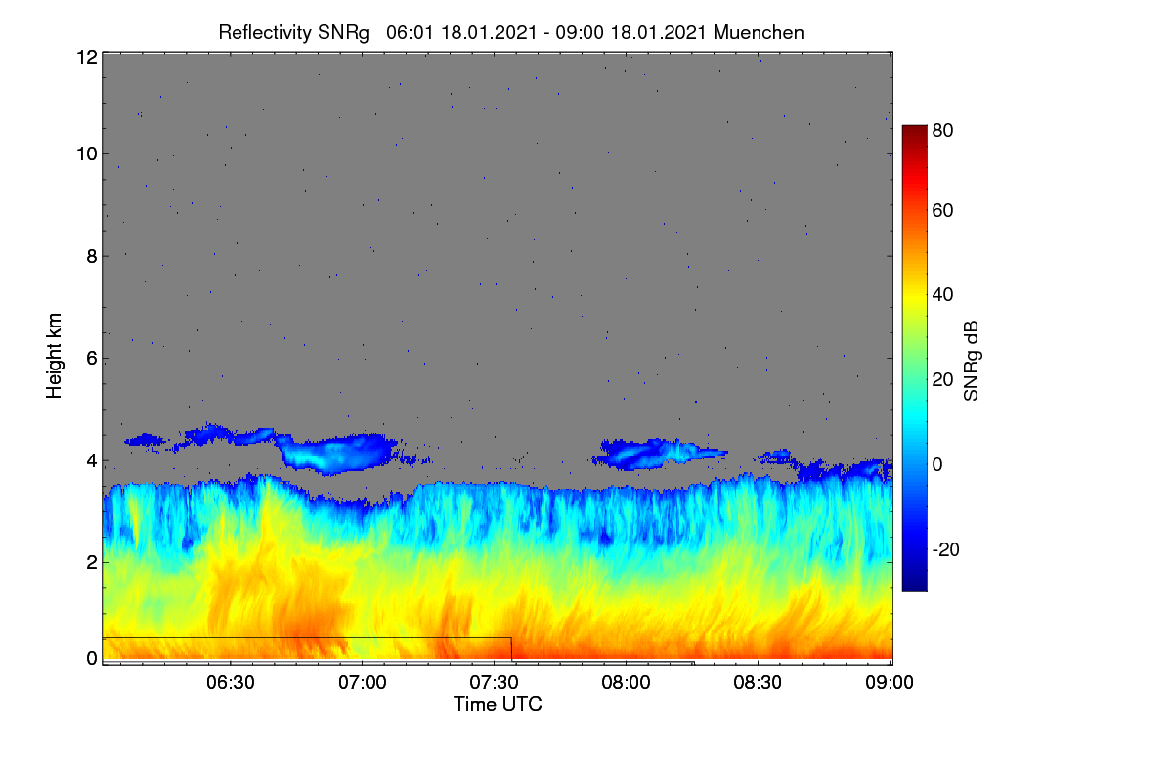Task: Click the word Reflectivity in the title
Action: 265,33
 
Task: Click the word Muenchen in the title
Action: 759,33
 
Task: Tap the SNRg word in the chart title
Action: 343,33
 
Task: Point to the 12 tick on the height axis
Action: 87,57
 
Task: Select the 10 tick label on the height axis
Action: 87,154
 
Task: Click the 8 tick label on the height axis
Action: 92,256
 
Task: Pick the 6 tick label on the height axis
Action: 92,359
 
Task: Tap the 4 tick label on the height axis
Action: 92,461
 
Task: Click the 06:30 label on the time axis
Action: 231,682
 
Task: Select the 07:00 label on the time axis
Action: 363,682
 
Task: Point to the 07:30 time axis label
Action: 494,682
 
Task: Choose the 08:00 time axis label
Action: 626,682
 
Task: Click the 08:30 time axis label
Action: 758,682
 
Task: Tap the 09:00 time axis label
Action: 890,682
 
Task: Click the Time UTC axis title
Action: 498,704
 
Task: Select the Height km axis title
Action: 54,356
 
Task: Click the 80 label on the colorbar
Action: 942,130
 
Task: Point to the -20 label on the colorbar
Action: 946,549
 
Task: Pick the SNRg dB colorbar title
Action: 971,362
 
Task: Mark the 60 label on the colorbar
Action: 942,210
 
